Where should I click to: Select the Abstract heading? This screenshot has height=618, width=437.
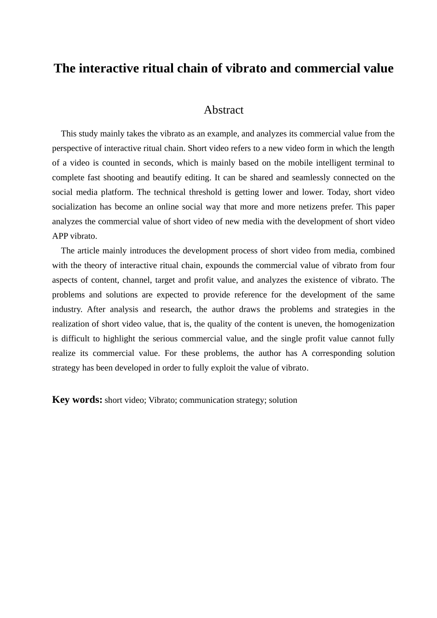[x=224, y=110]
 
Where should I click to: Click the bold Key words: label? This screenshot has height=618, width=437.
[x=77, y=400]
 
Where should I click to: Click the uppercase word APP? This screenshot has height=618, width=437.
[x=60, y=236]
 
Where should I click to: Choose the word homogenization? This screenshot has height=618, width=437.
[x=366, y=324]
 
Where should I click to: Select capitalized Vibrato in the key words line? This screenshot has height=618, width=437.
[x=162, y=400]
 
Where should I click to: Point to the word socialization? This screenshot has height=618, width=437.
[x=75, y=207]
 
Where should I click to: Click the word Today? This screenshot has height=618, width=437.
[x=338, y=192]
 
